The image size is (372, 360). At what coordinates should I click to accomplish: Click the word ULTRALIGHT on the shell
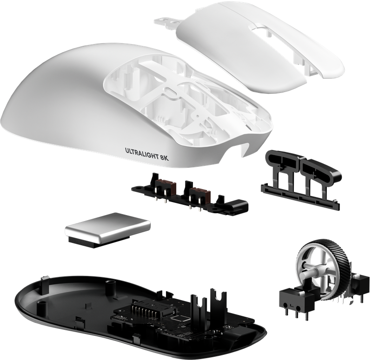click(141, 154)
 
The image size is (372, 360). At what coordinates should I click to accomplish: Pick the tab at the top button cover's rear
click(167, 23)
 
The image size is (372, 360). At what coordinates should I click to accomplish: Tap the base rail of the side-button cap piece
click(300, 196)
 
